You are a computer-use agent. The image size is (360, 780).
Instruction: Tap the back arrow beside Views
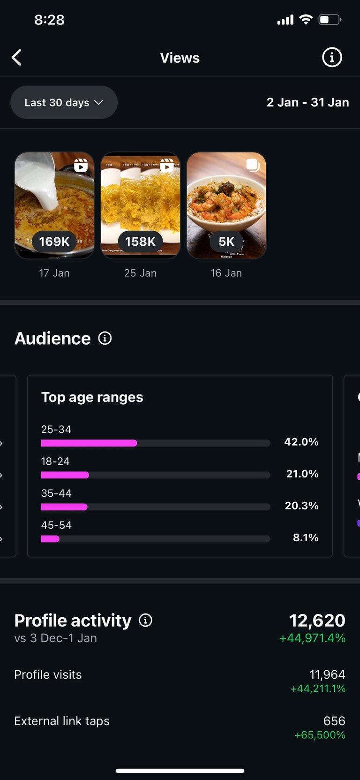pyautogui.click(x=17, y=58)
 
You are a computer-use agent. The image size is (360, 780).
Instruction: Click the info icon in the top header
pyautogui.click(x=332, y=58)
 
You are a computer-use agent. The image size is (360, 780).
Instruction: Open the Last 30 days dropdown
pyautogui.click(x=64, y=102)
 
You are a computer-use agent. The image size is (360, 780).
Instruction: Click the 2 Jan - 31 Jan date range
pyautogui.click(x=307, y=102)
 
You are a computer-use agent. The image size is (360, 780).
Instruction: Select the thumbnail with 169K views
pyautogui.click(x=54, y=205)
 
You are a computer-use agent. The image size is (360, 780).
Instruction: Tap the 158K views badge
pyautogui.click(x=140, y=242)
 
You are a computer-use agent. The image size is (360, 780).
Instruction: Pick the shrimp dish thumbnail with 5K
pyautogui.click(x=226, y=205)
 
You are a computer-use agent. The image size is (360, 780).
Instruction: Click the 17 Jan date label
pyautogui.click(x=54, y=273)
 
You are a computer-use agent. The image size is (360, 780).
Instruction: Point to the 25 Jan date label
pyautogui.click(x=140, y=273)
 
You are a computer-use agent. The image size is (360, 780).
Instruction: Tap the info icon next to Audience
pyautogui.click(x=105, y=338)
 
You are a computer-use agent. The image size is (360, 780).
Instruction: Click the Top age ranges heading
pyautogui.click(x=92, y=397)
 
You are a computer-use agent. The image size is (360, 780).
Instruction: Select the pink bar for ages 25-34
pyautogui.click(x=89, y=443)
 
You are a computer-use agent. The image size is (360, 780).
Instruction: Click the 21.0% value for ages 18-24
pyautogui.click(x=302, y=474)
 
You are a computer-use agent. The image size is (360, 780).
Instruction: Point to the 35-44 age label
pyautogui.click(x=56, y=493)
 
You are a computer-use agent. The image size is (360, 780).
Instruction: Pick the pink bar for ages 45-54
pyautogui.click(x=50, y=538)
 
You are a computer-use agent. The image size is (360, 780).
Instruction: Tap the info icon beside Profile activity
pyautogui.click(x=146, y=621)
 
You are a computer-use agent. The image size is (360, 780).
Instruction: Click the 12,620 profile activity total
pyautogui.click(x=317, y=621)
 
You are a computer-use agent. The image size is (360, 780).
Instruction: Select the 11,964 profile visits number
pyautogui.click(x=327, y=674)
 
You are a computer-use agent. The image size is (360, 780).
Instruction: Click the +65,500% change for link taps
pyautogui.click(x=320, y=735)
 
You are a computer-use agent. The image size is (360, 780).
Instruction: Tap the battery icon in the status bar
pyautogui.click(x=330, y=20)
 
